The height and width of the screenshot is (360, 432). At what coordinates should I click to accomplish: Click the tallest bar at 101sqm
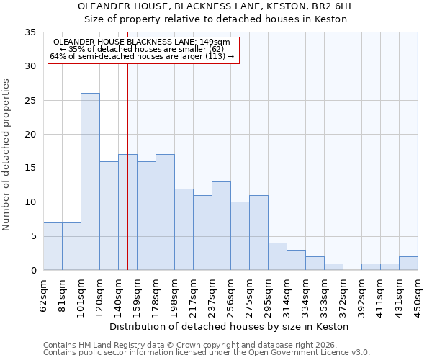click(90, 181)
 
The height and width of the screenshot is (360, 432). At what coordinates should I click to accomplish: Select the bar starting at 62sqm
click(53, 246)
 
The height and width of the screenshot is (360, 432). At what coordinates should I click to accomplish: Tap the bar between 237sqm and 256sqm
click(221, 226)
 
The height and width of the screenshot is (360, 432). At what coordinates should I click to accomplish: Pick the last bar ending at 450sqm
click(408, 264)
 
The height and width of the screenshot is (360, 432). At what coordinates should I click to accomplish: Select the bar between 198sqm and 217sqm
click(184, 229)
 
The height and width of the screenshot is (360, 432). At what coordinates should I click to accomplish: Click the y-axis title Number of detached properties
click(7, 155)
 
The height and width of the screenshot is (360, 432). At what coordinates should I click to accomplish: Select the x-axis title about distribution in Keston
click(230, 326)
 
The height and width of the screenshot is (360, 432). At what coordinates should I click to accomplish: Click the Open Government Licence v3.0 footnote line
click(207, 352)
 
